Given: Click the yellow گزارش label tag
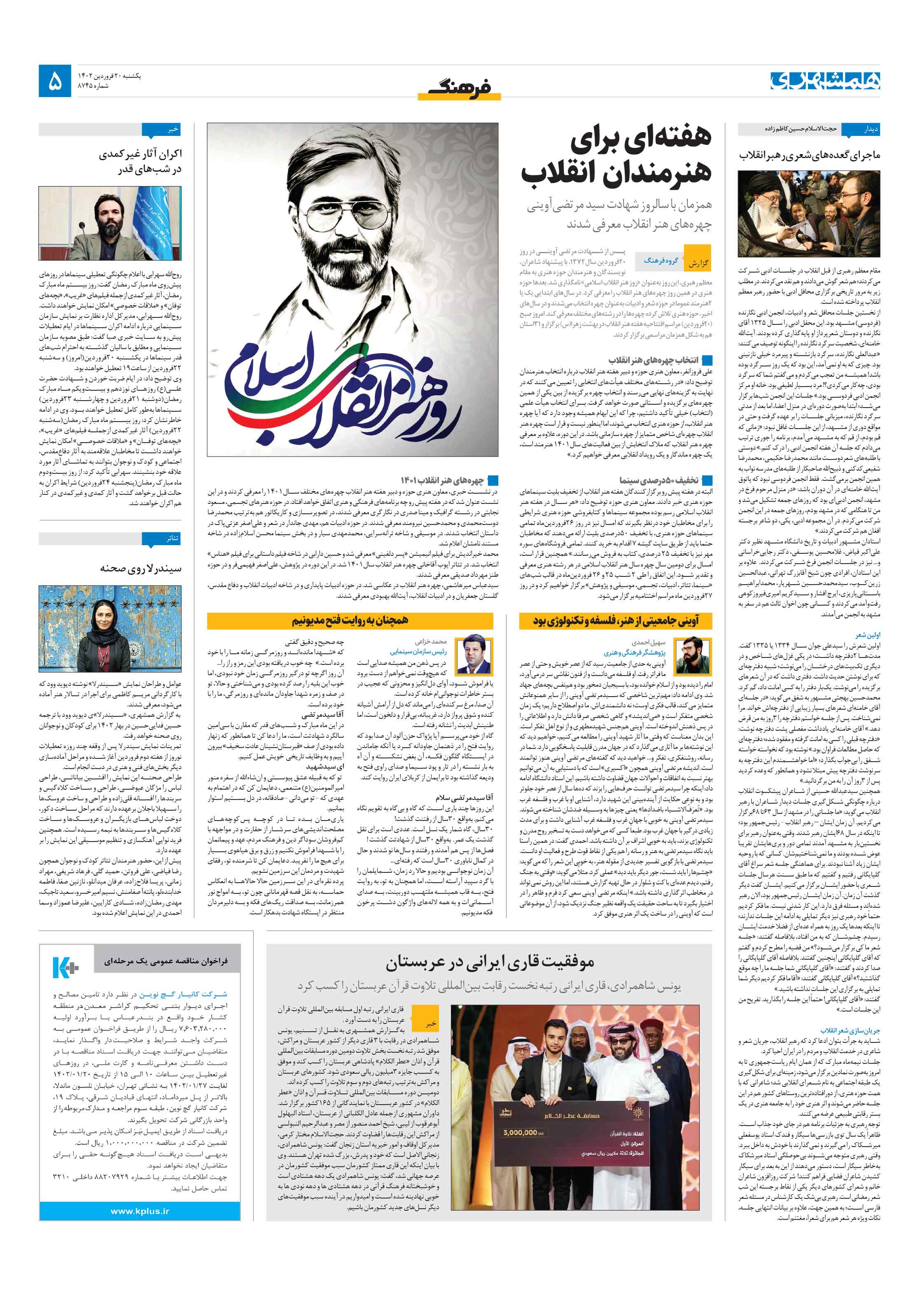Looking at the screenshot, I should (x=697, y=263).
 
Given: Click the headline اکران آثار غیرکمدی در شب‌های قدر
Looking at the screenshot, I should (x=141, y=161).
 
